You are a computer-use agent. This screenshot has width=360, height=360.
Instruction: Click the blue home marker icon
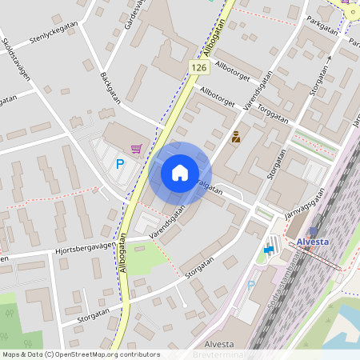(x=180, y=172)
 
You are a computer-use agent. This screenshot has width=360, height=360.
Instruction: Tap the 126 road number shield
(x=199, y=70)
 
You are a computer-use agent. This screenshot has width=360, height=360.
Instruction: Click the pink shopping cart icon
(x=137, y=148)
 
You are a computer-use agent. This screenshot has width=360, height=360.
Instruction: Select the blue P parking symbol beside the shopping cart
(x=120, y=165)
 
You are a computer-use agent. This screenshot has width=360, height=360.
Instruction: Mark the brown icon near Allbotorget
(x=235, y=138)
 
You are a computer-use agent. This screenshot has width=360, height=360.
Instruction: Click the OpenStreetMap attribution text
(x=81, y=354)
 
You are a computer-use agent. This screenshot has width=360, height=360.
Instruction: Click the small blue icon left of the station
(x=268, y=250)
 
